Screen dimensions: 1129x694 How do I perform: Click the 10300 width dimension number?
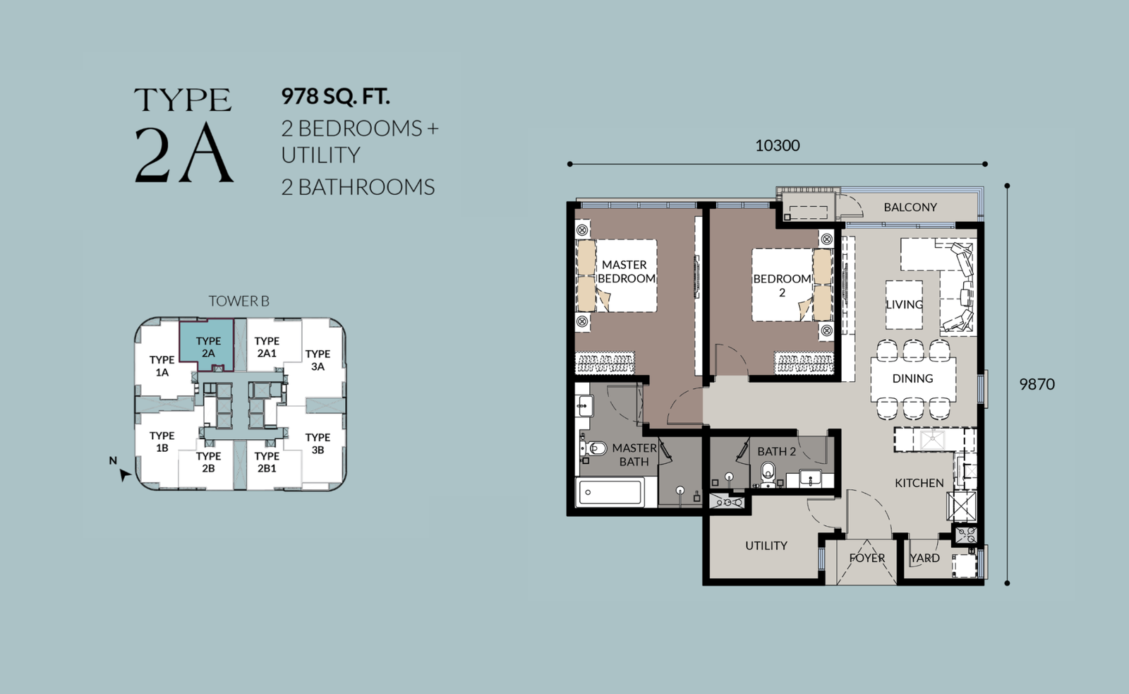[777, 145]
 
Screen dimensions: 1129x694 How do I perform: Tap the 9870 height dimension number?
[1037, 384]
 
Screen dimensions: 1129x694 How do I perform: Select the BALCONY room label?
[910, 208]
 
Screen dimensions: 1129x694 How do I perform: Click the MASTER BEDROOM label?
[626, 271]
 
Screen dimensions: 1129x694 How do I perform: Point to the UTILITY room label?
[766, 545]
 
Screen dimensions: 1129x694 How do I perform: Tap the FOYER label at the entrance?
[867, 558]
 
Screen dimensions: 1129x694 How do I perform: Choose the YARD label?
[925, 558]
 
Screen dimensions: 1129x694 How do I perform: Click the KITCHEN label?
[919, 483]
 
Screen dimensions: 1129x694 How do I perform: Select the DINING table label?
[913, 378]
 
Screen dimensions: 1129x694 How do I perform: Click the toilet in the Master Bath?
[593, 448]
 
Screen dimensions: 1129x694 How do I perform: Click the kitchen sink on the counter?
[932, 440]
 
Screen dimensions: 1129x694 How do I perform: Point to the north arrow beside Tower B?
[123, 474]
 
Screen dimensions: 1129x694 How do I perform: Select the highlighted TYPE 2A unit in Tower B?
[207, 345]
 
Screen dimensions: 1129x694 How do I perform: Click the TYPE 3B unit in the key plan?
[318, 444]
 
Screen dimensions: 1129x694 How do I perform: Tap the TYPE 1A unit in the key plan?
[162, 366]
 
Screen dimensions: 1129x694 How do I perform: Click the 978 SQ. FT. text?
[336, 96]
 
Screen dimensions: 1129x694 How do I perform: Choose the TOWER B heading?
[239, 301]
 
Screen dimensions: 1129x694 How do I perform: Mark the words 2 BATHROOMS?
[358, 187]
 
